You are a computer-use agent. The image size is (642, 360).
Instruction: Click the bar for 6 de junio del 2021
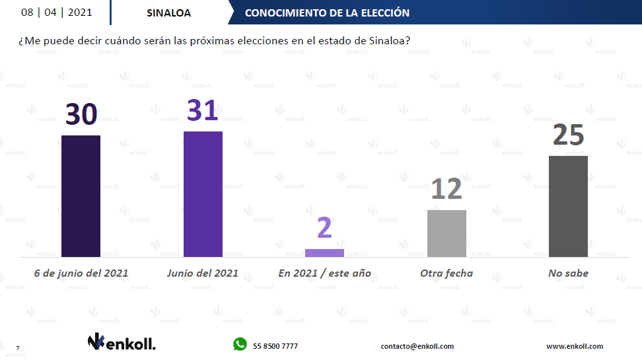[x=81, y=196]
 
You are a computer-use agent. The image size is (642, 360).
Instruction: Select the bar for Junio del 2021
[x=203, y=194]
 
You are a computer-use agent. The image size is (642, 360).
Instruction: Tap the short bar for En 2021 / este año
[x=324, y=253]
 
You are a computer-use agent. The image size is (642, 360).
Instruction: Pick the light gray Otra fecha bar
[x=446, y=233]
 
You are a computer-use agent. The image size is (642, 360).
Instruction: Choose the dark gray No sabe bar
[x=568, y=206]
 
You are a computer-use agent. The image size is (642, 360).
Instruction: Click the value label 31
[x=203, y=110]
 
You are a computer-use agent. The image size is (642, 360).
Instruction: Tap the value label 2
[x=324, y=228]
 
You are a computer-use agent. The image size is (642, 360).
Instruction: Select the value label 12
[x=446, y=189]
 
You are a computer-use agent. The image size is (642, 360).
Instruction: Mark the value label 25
[x=568, y=135]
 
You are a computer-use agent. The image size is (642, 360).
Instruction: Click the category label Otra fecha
[x=446, y=273]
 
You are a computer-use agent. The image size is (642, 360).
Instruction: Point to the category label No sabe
[x=569, y=273]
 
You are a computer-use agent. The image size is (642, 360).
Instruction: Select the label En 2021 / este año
[x=324, y=273]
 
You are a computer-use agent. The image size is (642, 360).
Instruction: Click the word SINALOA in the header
[x=168, y=13]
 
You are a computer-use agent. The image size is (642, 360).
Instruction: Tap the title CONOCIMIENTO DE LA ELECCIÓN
[x=327, y=13]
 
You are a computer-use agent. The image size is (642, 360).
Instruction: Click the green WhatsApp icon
[x=239, y=344]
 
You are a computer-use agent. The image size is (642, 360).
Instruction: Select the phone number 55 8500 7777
[x=275, y=346]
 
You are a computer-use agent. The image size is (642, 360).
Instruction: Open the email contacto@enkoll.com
[x=417, y=346]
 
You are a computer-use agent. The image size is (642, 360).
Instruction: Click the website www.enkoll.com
[x=574, y=346]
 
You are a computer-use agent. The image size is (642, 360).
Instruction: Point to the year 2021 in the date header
[x=81, y=13]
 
